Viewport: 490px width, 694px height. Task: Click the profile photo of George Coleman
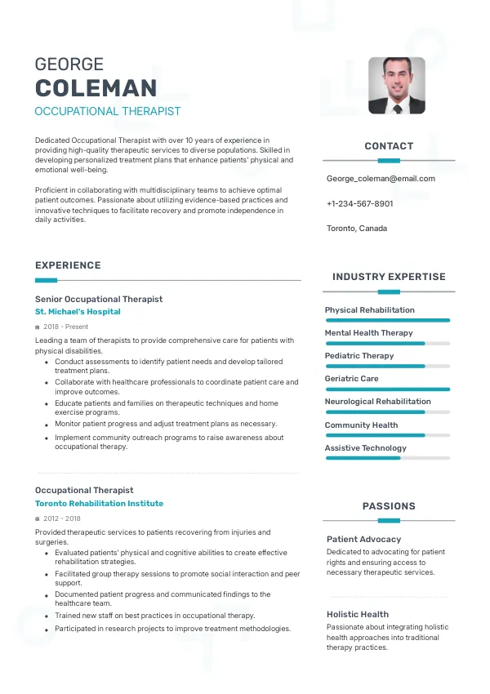point(396,85)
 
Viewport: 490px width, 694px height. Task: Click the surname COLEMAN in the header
point(96,88)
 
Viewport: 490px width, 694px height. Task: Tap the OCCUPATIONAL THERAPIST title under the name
point(108,111)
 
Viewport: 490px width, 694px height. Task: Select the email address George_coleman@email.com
point(381,179)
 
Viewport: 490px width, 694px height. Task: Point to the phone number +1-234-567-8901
point(359,203)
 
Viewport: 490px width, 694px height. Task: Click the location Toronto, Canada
point(357,229)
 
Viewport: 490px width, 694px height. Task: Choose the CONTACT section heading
point(389,146)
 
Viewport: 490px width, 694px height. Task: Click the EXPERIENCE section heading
point(68,265)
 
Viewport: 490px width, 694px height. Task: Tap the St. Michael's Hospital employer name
point(78,312)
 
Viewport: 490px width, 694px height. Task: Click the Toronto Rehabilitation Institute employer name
point(99,504)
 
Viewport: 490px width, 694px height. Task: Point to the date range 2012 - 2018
point(62,518)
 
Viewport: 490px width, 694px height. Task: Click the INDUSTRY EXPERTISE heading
point(389,277)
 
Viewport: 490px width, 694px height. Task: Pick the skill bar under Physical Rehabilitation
point(388,320)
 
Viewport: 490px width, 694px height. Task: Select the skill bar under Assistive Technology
point(388,458)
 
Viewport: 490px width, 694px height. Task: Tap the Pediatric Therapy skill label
point(359,356)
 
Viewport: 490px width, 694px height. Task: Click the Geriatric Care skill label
point(352,379)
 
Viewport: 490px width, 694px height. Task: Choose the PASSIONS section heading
point(389,506)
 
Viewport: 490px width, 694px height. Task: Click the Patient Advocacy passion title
point(364,540)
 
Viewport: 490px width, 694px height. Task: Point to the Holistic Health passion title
point(358,614)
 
